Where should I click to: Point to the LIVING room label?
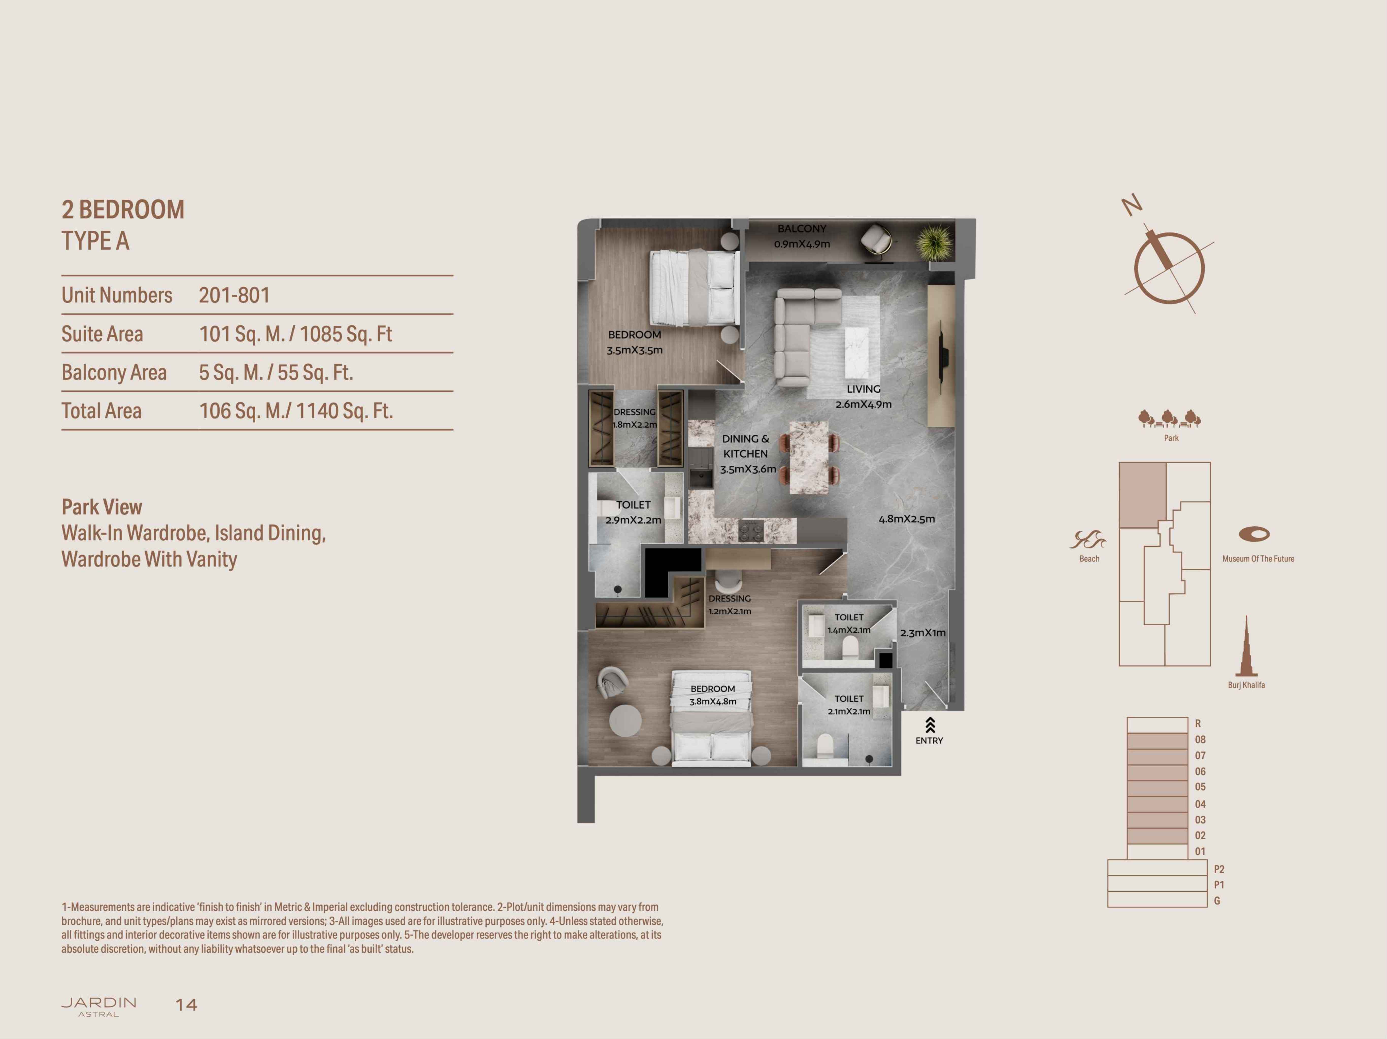(x=863, y=389)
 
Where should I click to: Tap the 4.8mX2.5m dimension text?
(x=907, y=519)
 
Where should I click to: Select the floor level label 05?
(x=1200, y=787)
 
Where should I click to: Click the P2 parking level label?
(x=1219, y=869)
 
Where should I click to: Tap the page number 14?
(x=186, y=1005)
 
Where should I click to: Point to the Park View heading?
(x=102, y=507)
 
